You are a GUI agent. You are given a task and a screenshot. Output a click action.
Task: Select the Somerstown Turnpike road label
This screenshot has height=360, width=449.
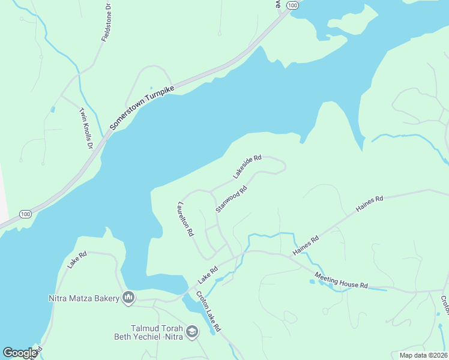point(142,107)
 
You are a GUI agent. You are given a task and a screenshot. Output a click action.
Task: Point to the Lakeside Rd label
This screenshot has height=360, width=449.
point(247,167)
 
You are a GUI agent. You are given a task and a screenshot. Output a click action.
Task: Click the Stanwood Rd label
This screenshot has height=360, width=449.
point(232,200)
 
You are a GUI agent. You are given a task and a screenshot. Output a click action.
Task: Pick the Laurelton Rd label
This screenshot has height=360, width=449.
point(184,218)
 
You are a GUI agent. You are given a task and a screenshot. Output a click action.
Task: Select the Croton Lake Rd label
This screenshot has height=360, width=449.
point(209,311)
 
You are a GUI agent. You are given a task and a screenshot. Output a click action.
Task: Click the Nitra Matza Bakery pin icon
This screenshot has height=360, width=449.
point(128,297)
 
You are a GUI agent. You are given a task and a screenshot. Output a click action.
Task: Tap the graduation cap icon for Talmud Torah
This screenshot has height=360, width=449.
point(192,331)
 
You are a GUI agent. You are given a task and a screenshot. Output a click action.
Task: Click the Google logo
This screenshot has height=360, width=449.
point(20,353)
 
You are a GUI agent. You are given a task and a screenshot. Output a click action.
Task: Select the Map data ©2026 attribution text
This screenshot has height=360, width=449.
point(423,355)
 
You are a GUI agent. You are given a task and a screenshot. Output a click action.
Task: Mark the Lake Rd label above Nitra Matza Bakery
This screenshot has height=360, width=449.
point(77,260)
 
